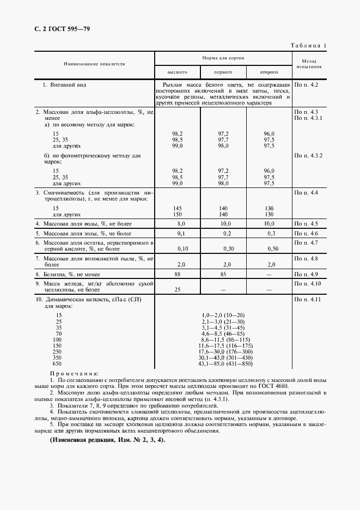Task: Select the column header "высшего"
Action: coord(178,72)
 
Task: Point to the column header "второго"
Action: coord(269,72)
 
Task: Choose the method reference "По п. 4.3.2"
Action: coord(309,156)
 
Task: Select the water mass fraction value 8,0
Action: coord(181,224)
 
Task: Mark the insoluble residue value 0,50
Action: coord(273,248)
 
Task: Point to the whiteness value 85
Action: coord(223,274)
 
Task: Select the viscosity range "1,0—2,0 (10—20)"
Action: coord(223,315)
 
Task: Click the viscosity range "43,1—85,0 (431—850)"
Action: coord(223,363)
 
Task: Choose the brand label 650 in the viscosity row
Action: coord(57,363)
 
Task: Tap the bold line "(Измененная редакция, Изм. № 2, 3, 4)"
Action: coord(107,440)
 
